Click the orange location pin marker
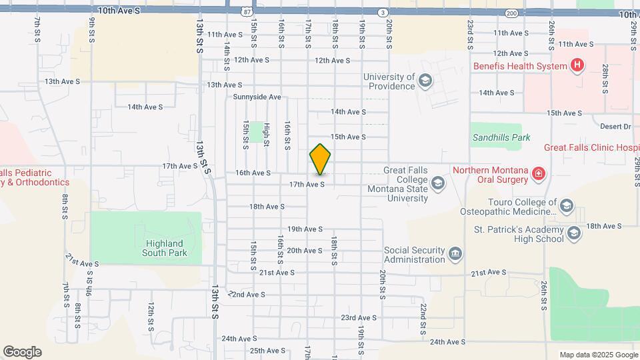(x=321, y=160)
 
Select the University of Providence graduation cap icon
(x=425, y=82)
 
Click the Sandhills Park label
(x=501, y=138)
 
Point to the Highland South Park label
(x=165, y=248)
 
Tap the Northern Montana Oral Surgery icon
(x=538, y=175)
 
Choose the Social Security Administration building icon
(x=455, y=253)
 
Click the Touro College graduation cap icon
(x=566, y=205)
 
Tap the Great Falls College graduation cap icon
(x=437, y=183)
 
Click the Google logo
(x=22, y=352)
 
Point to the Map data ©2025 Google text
(x=598, y=355)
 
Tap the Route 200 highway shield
(x=511, y=13)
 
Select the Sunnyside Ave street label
(x=257, y=97)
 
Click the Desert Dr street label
(x=615, y=126)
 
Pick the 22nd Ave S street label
(x=247, y=294)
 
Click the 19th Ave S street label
(x=305, y=229)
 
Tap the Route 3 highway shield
(x=382, y=13)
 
